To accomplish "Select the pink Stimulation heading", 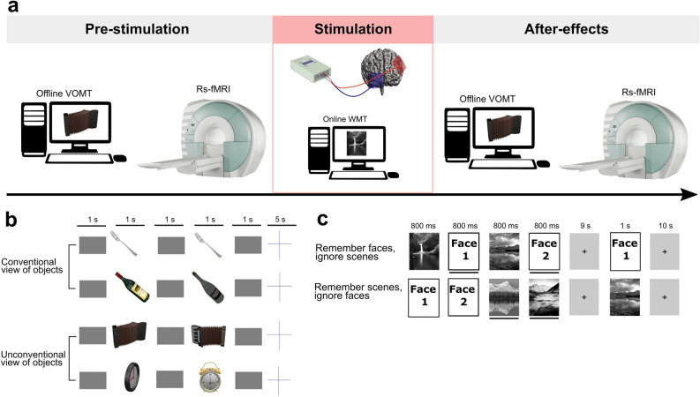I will tap(351, 30).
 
